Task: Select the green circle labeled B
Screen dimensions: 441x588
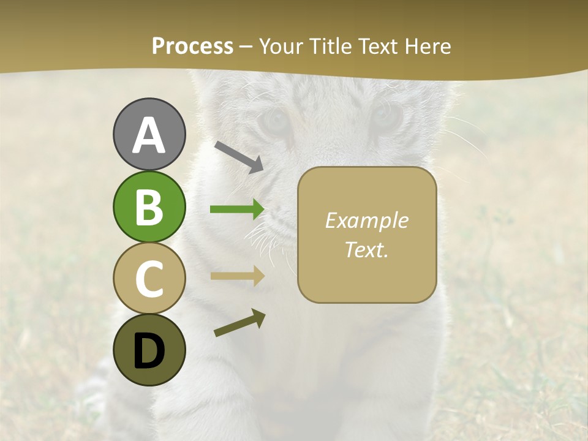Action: click(x=149, y=206)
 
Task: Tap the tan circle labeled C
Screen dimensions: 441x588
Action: click(x=149, y=279)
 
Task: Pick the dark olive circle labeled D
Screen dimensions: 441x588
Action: click(x=149, y=350)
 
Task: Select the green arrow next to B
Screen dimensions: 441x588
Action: click(x=237, y=209)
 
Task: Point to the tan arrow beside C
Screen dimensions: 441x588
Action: click(x=237, y=276)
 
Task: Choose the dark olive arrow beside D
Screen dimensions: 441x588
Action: click(x=239, y=323)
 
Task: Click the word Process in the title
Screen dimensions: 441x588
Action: click(x=192, y=47)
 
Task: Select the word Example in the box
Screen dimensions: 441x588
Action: click(x=366, y=221)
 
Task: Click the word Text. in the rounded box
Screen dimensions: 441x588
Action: click(x=366, y=249)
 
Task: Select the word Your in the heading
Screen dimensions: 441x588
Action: click(x=281, y=47)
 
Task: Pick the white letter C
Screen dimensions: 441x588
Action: click(x=149, y=279)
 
